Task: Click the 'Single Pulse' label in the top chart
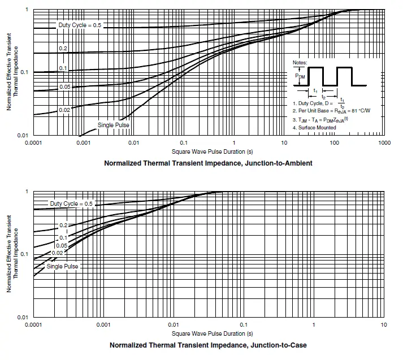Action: pyautogui.click(x=114, y=124)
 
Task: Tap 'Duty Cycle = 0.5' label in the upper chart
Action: pyautogui.click(x=80, y=25)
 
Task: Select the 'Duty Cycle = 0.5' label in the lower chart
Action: pyautogui.click(x=71, y=203)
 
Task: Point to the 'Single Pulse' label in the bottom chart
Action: pyautogui.click(x=62, y=266)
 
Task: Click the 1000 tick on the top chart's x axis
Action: pyautogui.click(x=384, y=143)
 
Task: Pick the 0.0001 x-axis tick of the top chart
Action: pyautogui.click(x=34, y=143)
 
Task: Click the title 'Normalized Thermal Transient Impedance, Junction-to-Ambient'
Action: pyautogui.click(x=208, y=163)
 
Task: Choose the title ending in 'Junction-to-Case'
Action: pyautogui.click(x=209, y=345)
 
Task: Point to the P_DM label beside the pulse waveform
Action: pyautogui.click(x=300, y=75)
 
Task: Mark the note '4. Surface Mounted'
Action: pyautogui.click(x=314, y=127)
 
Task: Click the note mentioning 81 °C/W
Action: pyautogui.click(x=331, y=111)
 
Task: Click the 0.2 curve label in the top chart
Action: pyautogui.click(x=63, y=49)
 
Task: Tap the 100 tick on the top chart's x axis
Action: pyautogui.click(x=334, y=143)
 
